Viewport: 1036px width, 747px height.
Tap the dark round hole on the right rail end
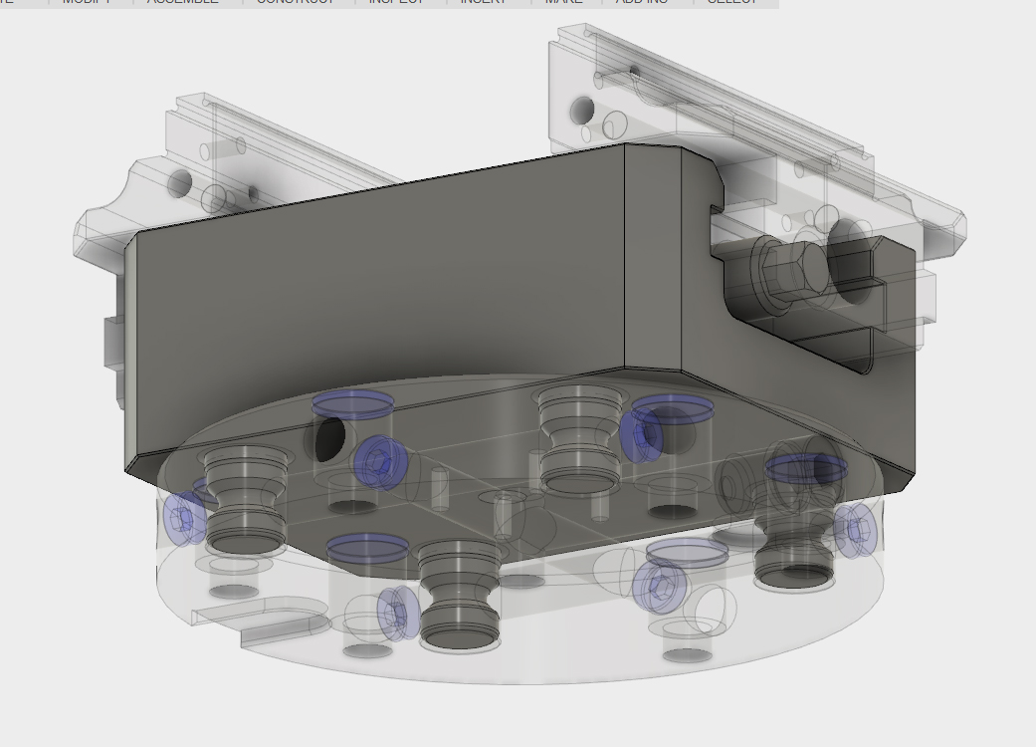[x=582, y=110]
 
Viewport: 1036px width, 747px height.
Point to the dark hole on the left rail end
[x=180, y=183]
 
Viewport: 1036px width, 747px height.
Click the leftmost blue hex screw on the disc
[x=184, y=519]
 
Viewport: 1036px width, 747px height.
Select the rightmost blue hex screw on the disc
[x=855, y=528]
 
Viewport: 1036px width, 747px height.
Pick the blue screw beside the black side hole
[x=376, y=461]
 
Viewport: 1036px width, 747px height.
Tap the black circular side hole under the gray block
[x=329, y=435]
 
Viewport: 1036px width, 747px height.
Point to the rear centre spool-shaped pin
[x=576, y=439]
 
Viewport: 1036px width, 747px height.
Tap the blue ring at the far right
[x=806, y=467]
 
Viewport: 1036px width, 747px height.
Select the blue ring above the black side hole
[x=352, y=403]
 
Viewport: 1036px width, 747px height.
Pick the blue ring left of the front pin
[x=367, y=547]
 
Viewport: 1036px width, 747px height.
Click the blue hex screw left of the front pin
[x=398, y=613]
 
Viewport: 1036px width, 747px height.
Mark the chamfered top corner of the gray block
[x=653, y=150]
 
